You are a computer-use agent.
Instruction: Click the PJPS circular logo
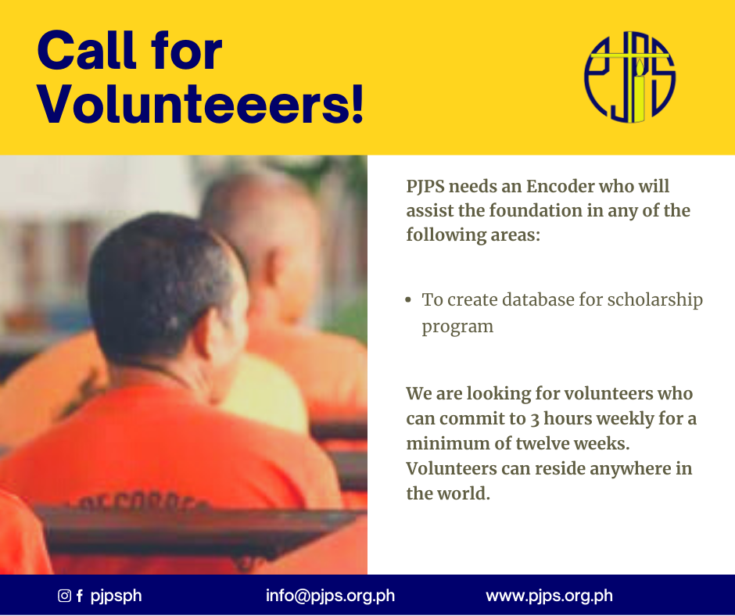tap(629, 77)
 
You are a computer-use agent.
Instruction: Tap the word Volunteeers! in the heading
tap(201, 104)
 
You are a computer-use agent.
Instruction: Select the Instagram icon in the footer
tap(64, 596)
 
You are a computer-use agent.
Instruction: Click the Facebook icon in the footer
tap(80, 596)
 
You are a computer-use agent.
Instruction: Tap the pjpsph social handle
tap(116, 596)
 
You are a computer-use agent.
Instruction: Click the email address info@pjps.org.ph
tap(330, 596)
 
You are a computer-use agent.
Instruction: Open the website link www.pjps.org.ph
tap(550, 596)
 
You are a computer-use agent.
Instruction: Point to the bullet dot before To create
tap(408, 300)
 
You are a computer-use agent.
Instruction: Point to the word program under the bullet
tap(457, 327)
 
